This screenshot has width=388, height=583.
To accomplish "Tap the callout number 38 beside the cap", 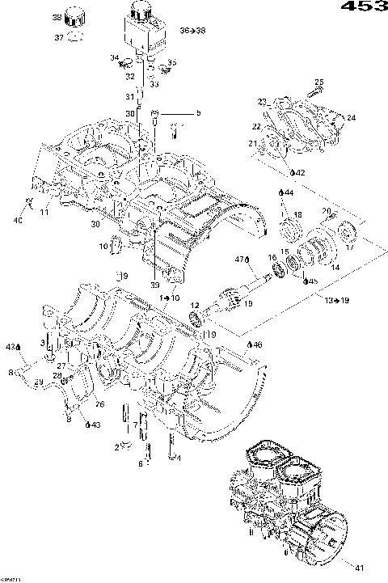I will point(57,17).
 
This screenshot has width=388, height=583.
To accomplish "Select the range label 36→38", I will point(194,31).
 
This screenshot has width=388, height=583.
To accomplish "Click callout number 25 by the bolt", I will point(318,82).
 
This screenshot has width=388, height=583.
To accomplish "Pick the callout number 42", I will point(299,173).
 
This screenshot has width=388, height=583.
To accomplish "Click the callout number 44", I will point(289,192).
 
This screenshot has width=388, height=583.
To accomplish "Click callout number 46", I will point(258,344).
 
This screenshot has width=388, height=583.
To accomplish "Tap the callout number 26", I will point(99,404).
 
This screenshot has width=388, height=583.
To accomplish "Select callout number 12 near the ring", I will point(194,304).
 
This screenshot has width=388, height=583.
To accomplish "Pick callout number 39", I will point(154,284).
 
